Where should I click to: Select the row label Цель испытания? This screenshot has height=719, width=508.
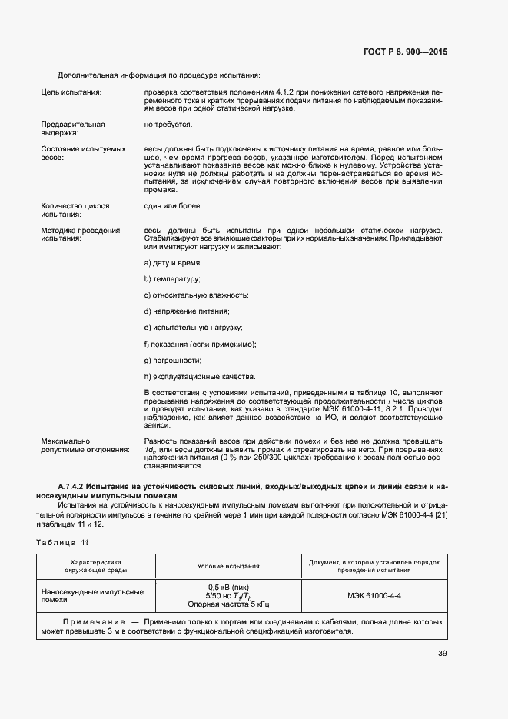(71, 92)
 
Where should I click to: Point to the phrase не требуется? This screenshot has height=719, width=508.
(168, 124)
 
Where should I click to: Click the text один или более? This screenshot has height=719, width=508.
(173, 206)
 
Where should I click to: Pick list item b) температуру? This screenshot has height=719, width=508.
(172, 279)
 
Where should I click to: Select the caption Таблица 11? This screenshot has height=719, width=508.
(61, 543)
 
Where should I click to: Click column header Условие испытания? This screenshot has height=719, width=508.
(227, 566)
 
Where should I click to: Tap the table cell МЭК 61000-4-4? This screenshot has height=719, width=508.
(374, 595)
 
